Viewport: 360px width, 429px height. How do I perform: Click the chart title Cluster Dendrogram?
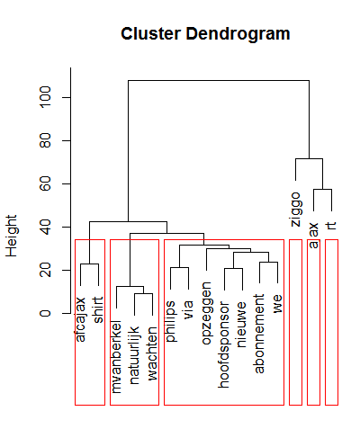tap(205, 35)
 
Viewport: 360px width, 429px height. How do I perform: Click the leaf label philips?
tap(170, 323)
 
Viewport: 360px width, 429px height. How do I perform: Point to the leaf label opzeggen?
tap(206, 309)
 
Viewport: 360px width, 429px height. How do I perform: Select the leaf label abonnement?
tap(259, 328)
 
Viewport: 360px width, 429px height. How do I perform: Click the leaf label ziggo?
tap(295, 209)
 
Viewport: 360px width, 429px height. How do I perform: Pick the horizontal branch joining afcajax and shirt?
tap(89, 264)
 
